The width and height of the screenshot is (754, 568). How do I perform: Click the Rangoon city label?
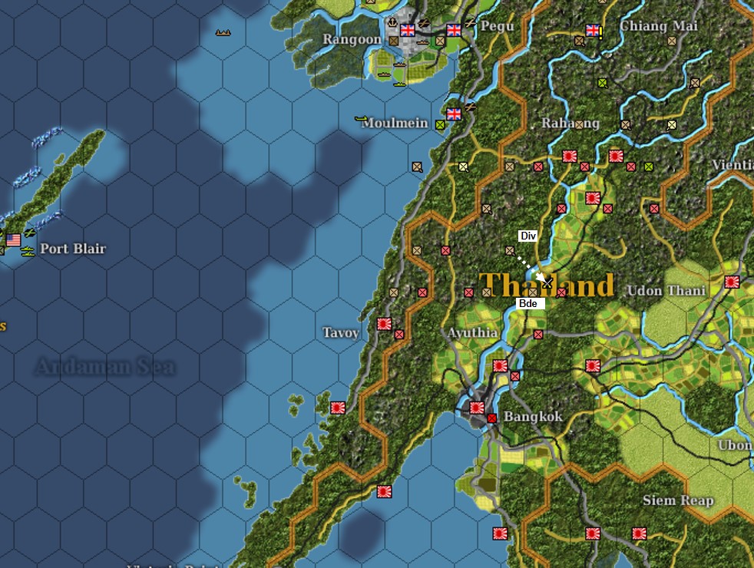(352, 39)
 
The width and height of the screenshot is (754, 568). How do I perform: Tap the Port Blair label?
(73, 249)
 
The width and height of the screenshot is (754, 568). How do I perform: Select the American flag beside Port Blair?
(13, 240)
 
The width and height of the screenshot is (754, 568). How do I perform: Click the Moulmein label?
(395, 123)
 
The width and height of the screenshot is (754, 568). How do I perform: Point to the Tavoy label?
(340, 332)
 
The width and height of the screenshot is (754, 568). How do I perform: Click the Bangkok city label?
(533, 417)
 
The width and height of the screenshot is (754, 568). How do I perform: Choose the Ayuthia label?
(473, 333)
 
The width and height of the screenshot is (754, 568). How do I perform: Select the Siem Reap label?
(678, 500)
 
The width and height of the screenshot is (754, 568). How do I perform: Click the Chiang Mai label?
(659, 26)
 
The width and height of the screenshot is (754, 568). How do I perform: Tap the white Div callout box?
(527, 236)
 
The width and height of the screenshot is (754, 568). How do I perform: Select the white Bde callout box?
(527, 304)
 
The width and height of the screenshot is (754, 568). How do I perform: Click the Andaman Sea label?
(104, 367)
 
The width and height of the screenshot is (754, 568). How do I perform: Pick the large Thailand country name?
(547, 285)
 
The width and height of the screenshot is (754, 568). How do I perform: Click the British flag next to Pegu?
(454, 30)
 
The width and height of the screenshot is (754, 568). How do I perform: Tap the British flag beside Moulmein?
(454, 114)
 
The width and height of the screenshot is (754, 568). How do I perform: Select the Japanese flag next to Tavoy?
(385, 325)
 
